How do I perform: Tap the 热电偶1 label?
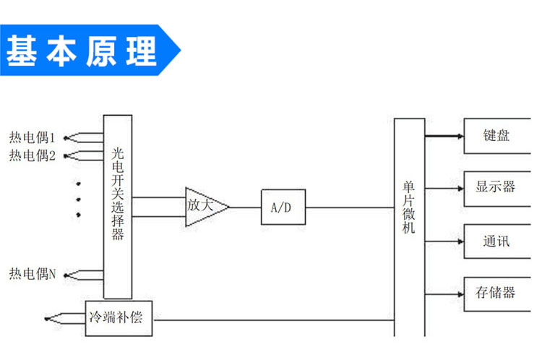(33, 137)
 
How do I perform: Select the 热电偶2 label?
(33, 155)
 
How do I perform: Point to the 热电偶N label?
(33, 274)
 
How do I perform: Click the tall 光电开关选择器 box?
(118, 206)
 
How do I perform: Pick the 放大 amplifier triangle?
(202, 206)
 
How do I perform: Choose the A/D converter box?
(283, 207)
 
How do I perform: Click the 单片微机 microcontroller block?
(409, 224)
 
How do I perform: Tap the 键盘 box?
(496, 135)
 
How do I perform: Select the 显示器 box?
(496, 187)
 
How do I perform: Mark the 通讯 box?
(496, 240)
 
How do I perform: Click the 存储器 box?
(496, 293)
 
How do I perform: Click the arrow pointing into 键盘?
(455, 135)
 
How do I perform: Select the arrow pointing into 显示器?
(455, 187)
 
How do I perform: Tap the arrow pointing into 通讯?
(455, 240)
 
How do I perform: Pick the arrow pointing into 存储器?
(455, 292)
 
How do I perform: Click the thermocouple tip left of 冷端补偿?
(48, 318)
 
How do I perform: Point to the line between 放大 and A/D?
(245, 207)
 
